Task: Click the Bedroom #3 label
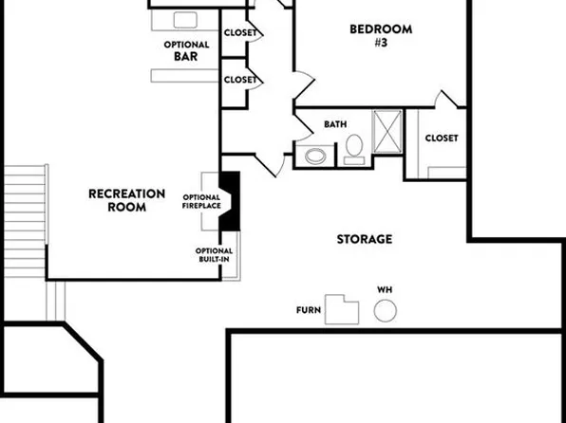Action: (368, 35)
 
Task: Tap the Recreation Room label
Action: (126, 200)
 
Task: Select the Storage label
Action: (364, 239)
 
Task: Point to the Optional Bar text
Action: (185, 50)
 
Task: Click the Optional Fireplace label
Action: (201, 201)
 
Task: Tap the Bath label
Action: (335, 124)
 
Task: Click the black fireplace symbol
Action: (230, 201)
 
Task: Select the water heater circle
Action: (386, 310)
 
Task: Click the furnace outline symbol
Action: (343, 309)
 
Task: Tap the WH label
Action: (385, 288)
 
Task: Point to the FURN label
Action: (308, 310)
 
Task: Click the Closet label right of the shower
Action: (441, 138)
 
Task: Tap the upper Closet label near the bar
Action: (239, 33)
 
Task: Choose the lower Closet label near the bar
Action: (239, 80)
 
